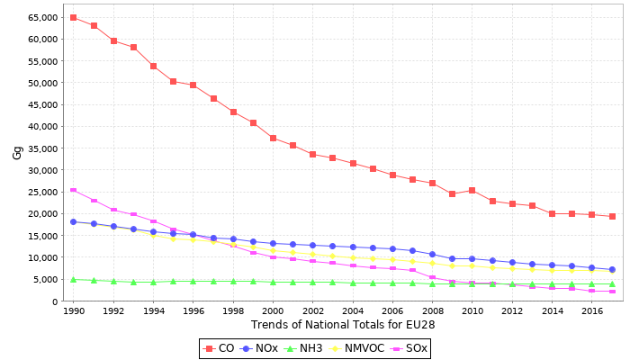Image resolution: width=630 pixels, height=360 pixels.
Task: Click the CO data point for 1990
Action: pos(73,17)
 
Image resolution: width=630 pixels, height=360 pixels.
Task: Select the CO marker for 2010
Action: pos(472,190)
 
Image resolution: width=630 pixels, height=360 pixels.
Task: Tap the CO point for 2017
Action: pos(612,216)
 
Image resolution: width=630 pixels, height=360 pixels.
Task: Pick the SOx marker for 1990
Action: pos(73,190)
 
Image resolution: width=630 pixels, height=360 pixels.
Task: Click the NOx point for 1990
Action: pos(73,221)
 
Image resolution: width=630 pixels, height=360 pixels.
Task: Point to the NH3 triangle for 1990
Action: pos(73,279)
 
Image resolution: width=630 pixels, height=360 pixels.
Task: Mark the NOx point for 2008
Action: pos(432,254)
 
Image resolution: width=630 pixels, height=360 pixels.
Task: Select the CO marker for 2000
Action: pos(273,138)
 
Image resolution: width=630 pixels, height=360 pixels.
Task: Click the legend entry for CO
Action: pos(221,348)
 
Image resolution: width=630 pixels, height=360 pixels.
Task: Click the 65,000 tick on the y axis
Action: pos(41,17)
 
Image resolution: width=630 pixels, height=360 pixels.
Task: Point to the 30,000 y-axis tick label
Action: pos(41,170)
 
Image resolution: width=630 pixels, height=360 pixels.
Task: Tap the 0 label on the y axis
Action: pos(56,301)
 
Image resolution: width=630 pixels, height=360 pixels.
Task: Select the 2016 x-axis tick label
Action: pos(591,310)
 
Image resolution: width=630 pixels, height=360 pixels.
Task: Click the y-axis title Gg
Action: pos(17,153)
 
